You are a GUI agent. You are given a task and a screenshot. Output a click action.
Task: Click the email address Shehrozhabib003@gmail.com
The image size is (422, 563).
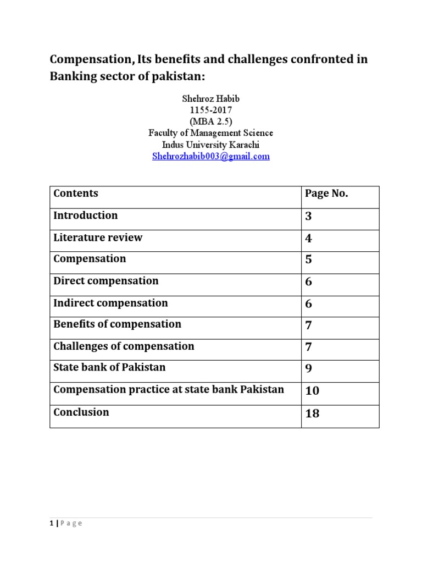[210, 156]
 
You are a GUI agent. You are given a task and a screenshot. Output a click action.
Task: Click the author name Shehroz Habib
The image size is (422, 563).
[210, 98]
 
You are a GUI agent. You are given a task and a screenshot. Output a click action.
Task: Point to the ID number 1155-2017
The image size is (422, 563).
[210, 110]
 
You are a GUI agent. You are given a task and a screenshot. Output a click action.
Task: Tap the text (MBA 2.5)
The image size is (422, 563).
[210, 122]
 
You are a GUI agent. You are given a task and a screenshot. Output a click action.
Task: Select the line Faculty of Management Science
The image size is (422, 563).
[210, 133]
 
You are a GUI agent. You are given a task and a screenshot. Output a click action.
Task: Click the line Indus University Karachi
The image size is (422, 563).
[210, 145]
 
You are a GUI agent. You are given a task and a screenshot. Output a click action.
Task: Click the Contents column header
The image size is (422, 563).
[76, 194]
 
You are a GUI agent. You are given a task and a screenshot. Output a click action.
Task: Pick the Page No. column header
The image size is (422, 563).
[326, 194]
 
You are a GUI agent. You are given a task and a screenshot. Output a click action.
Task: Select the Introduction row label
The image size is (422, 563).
[85, 216]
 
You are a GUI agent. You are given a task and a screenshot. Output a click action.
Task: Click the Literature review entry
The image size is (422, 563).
[98, 238]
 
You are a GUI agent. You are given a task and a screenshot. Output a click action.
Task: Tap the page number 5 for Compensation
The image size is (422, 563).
[309, 260]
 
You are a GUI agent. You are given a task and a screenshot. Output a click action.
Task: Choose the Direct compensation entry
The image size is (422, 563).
[105, 281]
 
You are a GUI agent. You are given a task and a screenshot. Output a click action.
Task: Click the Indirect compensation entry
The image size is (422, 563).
[110, 303]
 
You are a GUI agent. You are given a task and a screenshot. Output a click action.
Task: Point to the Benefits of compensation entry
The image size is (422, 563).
[117, 324]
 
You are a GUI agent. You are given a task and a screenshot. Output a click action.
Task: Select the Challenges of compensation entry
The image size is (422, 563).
[124, 346]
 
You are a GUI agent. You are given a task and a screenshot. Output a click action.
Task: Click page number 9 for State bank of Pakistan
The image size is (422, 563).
[309, 368]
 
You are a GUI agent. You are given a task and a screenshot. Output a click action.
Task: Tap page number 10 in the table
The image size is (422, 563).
[312, 391]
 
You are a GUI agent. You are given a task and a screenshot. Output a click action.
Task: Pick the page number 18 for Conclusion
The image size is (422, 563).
[312, 413]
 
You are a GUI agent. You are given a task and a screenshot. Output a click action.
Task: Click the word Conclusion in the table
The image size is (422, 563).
[81, 412]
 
